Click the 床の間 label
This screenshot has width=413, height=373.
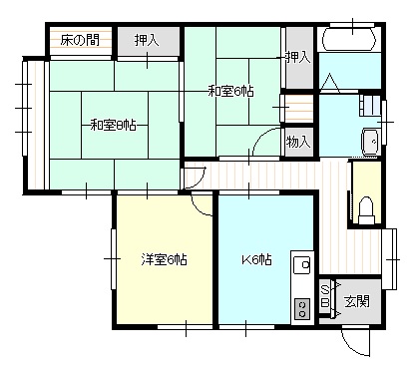[80, 41]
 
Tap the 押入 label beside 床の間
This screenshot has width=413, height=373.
[147, 40]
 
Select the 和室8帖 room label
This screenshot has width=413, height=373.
[114, 126]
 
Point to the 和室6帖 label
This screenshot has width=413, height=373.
[230, 91]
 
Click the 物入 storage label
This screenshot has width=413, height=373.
[298, 142]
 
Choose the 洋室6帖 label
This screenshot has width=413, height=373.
[164, 259]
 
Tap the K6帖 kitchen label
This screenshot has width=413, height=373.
[256, 259]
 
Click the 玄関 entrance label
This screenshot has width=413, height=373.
[357, 301]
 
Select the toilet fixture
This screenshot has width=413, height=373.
[366, 210]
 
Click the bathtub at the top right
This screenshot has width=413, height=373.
[349, 39]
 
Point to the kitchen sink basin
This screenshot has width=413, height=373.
[302, 265]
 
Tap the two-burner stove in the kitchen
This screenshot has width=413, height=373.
[302, 309]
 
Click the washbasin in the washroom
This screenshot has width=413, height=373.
[370, 142]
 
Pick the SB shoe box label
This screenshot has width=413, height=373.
[325, 296]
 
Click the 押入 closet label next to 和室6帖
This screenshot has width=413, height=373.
[298, 58]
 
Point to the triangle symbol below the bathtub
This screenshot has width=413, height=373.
[329, 83]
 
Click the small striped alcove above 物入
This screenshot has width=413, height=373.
[297, 109]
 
